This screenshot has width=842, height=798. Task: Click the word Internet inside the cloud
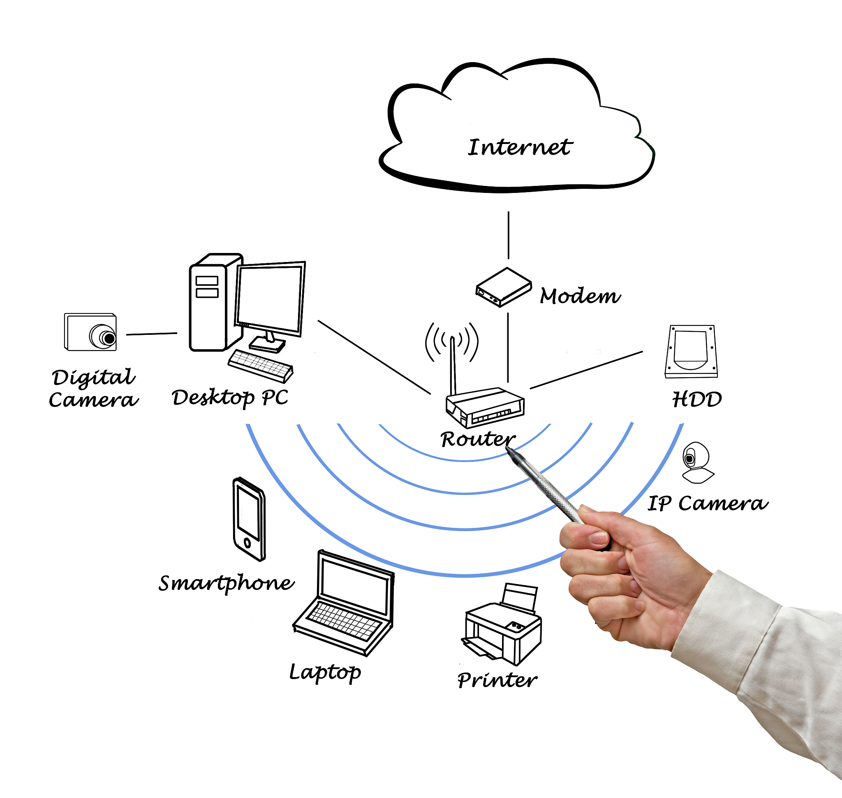pos(520,147)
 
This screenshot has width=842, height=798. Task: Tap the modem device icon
pos(504,287)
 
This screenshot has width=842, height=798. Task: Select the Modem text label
pos(580,296)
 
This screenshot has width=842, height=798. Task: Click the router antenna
pos(453,366)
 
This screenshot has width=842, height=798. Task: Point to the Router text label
pos(478,438)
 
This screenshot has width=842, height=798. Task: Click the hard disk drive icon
pos(691,351)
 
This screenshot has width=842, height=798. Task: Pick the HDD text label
pos(697,399)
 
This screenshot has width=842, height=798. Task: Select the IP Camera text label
pos(708,503)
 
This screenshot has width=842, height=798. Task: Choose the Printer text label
pos(497,680)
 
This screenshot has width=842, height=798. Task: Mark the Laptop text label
pos(325,673)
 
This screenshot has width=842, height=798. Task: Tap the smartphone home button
pos(247,543)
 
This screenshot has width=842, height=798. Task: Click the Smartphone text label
pos(226,583)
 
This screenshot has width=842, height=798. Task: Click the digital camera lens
pos(109,339)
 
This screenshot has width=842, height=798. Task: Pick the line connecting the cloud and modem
pos(508,235)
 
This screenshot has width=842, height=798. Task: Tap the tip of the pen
pos(507,449)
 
